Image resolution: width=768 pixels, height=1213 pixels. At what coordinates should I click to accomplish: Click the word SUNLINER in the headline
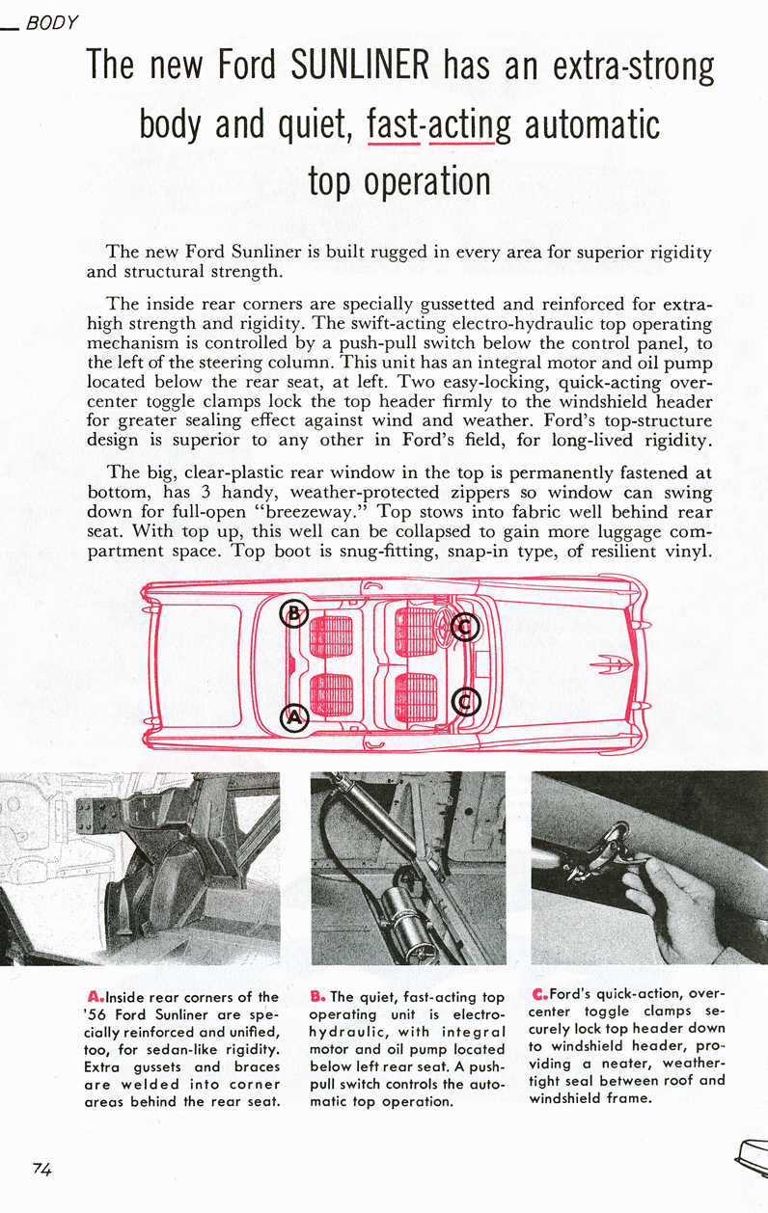[359, 66]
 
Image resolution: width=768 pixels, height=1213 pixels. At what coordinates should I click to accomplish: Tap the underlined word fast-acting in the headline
[440, 125]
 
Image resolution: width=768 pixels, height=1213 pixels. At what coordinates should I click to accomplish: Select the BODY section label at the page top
[52, 21]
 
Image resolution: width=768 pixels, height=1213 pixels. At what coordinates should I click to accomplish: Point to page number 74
[41, 1169]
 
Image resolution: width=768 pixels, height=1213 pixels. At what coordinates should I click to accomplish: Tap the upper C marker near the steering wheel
[465, 628]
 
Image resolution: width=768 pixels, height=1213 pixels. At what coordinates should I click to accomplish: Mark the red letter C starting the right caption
[538, 994]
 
